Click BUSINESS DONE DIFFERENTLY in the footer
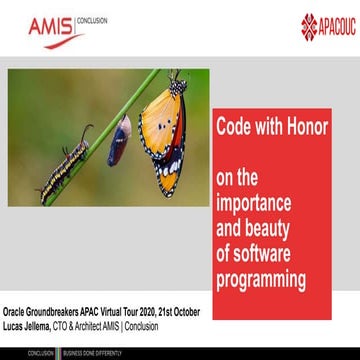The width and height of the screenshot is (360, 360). tap(94, 354)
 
